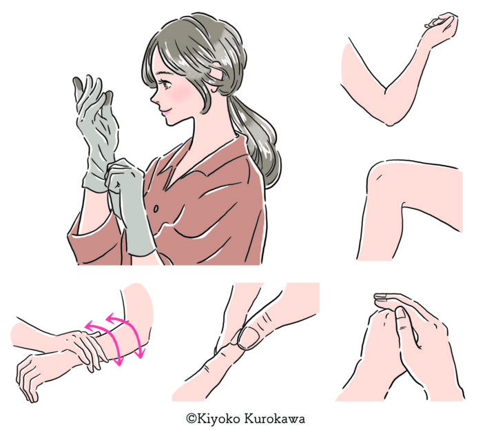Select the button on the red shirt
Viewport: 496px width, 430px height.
tap(156, 209)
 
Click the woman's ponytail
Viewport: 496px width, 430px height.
tap(257, 139)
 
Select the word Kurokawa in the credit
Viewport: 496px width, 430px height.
tap(275, 418)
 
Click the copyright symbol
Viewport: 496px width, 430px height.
tap(191, 418)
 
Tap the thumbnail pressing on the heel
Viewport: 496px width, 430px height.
tap(249, 338)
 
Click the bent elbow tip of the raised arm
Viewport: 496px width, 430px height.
tap(390, 122)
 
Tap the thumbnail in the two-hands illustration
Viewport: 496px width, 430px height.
tap(400, 314)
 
